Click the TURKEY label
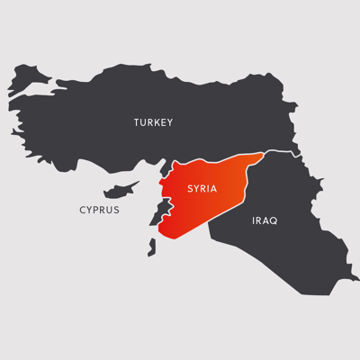(x=153, y=122)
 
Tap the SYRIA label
(x=202, y=189)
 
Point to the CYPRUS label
(x=99, y=210)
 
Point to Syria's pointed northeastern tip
(x=262, y=155)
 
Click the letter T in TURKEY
(x=137, y=122)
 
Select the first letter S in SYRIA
(x=189, y=189)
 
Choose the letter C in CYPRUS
(x=82, y=210)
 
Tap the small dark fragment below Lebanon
(x=151, y=244)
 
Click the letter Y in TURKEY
(x=169, y=122)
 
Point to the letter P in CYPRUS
(x=96, y=210)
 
